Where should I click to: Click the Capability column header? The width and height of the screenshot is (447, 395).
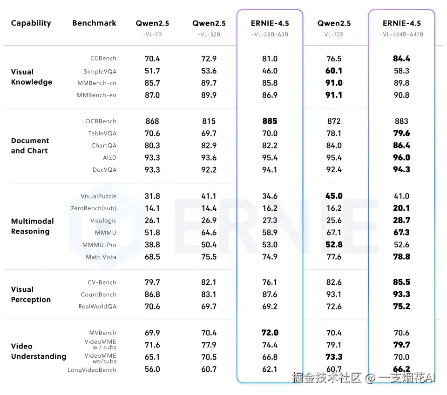click(31, 23)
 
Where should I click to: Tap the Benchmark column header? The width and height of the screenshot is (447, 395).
click(94, 23)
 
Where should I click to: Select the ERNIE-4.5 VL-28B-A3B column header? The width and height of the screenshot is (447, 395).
click(270, 27)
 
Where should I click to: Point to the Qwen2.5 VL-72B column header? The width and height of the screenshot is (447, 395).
click(334, 27)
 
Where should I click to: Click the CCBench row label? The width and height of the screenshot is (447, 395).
click(103, 59)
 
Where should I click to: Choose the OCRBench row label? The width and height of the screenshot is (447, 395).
click(101, 121)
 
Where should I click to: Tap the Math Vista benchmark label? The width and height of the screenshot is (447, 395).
click(101, 257)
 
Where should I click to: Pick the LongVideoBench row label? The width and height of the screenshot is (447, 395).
click(92, 370)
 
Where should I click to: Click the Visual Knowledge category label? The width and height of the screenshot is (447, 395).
click(31, 77)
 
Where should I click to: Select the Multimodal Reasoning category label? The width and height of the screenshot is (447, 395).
click(32, 227)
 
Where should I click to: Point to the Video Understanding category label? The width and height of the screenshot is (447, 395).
click(38, 351)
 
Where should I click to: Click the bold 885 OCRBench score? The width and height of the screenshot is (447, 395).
click(270, 121)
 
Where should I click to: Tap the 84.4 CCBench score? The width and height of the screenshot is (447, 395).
click(401, 59)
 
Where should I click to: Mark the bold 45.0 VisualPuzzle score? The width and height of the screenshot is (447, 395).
click(334, 196)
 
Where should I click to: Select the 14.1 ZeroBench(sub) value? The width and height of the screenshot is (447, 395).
click(152, 208)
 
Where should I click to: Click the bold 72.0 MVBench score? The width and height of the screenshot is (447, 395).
click(270, 333)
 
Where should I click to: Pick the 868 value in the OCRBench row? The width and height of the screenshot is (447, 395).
click(152, 121)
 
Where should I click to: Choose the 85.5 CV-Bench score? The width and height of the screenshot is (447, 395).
click(401, 282)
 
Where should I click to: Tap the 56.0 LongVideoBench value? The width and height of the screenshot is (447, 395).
click(152, 369)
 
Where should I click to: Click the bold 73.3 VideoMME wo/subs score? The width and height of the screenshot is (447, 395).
click(334, 357)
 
